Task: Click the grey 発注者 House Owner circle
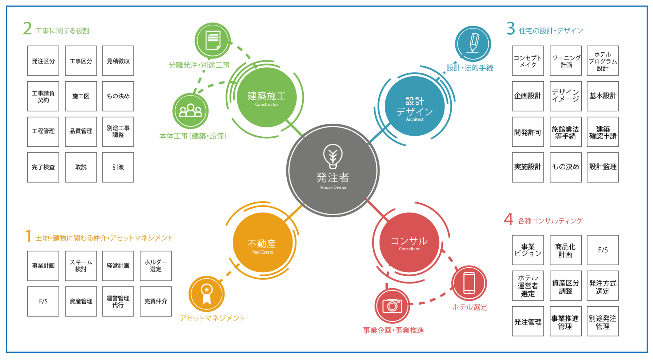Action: point(333,170)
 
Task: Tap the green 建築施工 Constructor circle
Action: point(266,98)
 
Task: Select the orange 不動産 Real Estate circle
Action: point(262,243)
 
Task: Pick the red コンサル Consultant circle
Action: point(409,243)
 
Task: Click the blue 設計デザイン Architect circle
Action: point(414,106)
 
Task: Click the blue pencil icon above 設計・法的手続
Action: point(473,44)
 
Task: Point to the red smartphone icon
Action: point(469,283)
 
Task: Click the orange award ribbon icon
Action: point(206,294)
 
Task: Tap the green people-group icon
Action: point(190,111)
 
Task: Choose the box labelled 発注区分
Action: point(43,61)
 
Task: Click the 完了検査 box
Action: point(43,167)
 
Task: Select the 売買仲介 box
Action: point(156,301)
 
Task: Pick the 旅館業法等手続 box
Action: point(565,132)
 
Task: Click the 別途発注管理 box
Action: point(603,322)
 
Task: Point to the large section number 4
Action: point(508,219)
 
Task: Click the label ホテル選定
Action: point(470,307)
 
